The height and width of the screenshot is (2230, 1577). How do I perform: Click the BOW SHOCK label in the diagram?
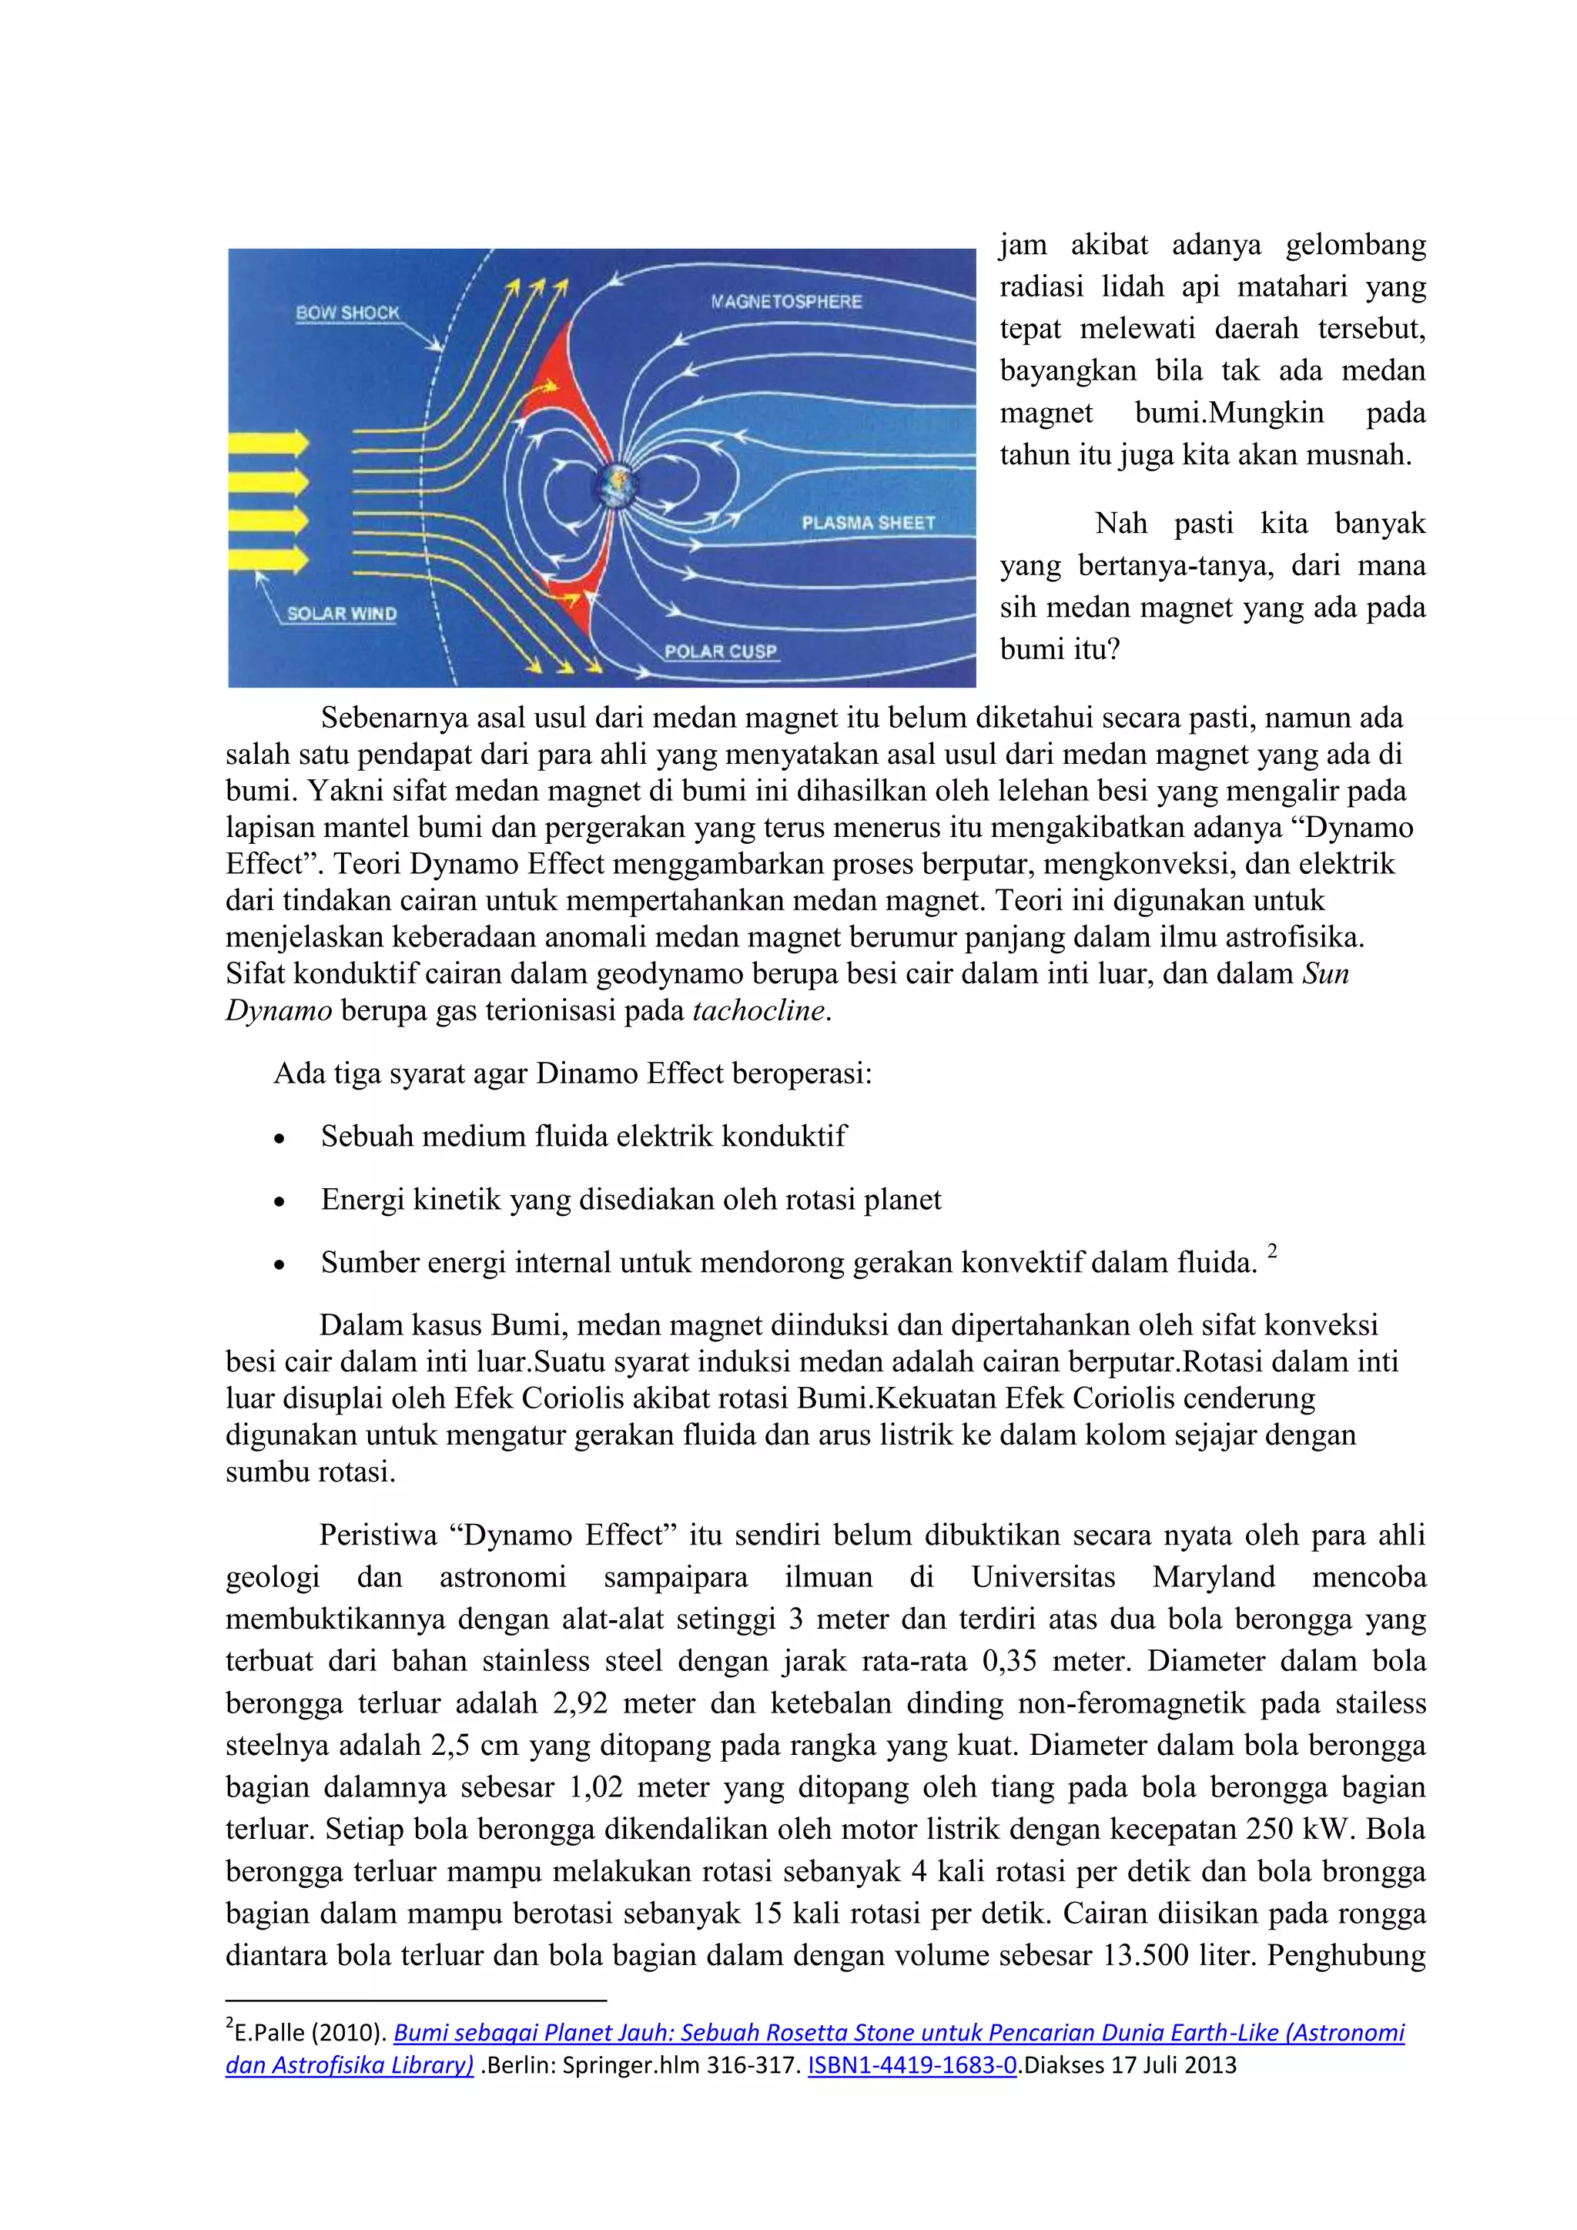point(347,313)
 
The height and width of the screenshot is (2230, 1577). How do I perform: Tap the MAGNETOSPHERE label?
point(785,301)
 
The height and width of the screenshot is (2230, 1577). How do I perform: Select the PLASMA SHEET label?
point(867,523)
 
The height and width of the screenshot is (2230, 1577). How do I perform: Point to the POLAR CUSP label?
point(721,651)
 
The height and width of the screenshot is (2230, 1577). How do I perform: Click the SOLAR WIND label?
point(342,614)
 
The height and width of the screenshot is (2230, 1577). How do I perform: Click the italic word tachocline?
point(758,1010)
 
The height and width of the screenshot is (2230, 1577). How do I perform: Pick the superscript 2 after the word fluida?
point(1272,1251)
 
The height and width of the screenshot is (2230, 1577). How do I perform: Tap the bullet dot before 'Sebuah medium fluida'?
point(280,1138)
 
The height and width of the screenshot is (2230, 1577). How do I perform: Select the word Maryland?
point(1213,1576)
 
